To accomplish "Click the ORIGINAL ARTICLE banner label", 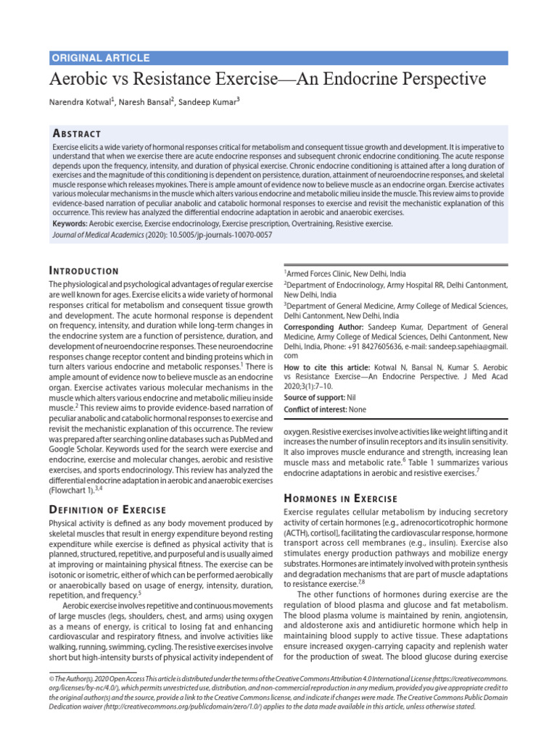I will [100, 58].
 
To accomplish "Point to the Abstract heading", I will [77, 133].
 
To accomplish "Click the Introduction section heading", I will [83, 270].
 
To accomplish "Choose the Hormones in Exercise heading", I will [340, 499].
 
